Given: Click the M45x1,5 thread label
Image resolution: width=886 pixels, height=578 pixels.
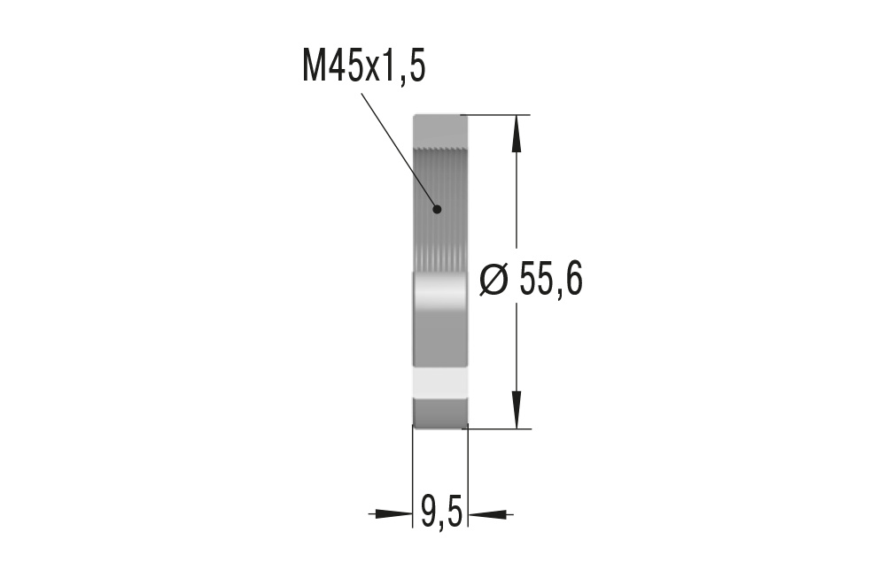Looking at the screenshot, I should pyautogui.click(x=363, y=66).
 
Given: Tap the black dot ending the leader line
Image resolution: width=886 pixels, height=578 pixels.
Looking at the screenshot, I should pyautogui.click(x=437, y=210).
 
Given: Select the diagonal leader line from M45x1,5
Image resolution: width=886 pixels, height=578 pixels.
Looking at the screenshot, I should pyautogui.click(x=399, y=150).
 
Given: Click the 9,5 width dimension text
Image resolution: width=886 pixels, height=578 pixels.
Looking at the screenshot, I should pyautogui.click(x=440, y=512).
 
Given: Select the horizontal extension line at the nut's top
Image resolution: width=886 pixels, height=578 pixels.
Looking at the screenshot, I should pyautogui.click(x=496, y=115).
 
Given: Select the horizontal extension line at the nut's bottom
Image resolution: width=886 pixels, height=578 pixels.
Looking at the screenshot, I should pyautogui.click(x=496, y=429).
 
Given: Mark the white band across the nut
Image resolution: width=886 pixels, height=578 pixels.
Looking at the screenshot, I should pyautogui.click(x=440, y=381).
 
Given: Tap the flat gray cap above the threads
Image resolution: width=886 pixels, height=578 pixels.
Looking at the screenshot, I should pyautogui.click(x=440, y=127).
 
